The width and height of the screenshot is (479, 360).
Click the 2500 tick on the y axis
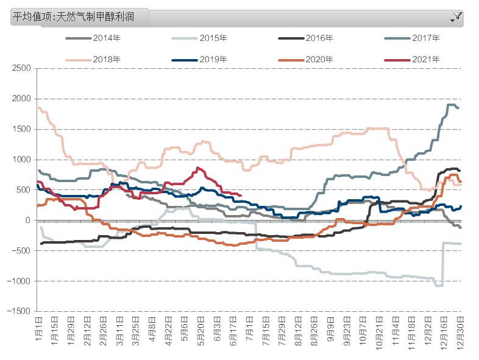coord(21,68)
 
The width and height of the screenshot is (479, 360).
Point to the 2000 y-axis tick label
coord(21,99)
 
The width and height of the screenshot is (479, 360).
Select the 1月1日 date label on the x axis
coord(38,328)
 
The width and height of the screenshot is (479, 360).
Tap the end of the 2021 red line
coord(241,196)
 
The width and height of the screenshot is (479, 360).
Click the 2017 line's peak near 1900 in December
coord(452,105)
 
